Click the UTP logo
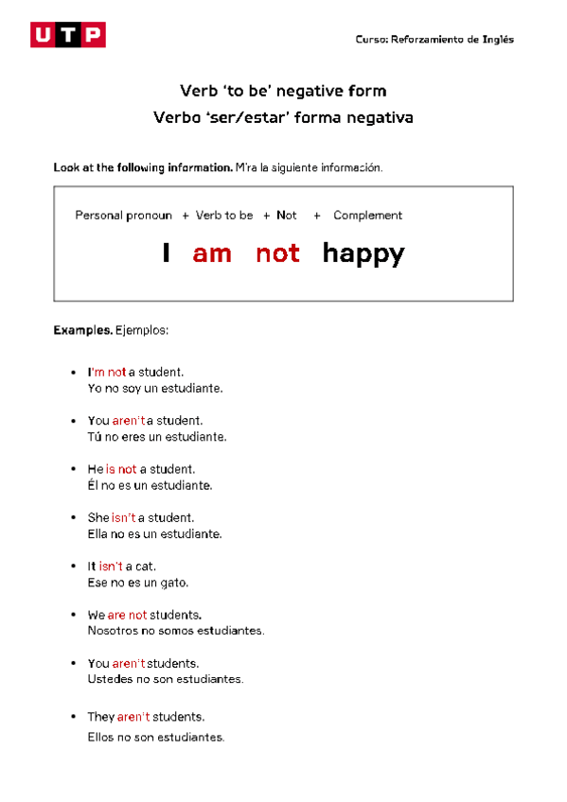68,35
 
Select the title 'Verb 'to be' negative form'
283,91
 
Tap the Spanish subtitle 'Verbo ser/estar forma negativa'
283,118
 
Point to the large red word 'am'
212,253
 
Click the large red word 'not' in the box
277,253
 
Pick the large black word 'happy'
363,253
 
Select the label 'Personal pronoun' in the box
123,216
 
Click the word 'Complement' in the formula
367,216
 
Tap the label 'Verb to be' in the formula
224,216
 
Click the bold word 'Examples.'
82,331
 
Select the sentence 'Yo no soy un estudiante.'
154,389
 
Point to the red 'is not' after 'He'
121,469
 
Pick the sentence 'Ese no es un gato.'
137,583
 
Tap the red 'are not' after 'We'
127,615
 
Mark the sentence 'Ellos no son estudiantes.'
155,737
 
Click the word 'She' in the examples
97,518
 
